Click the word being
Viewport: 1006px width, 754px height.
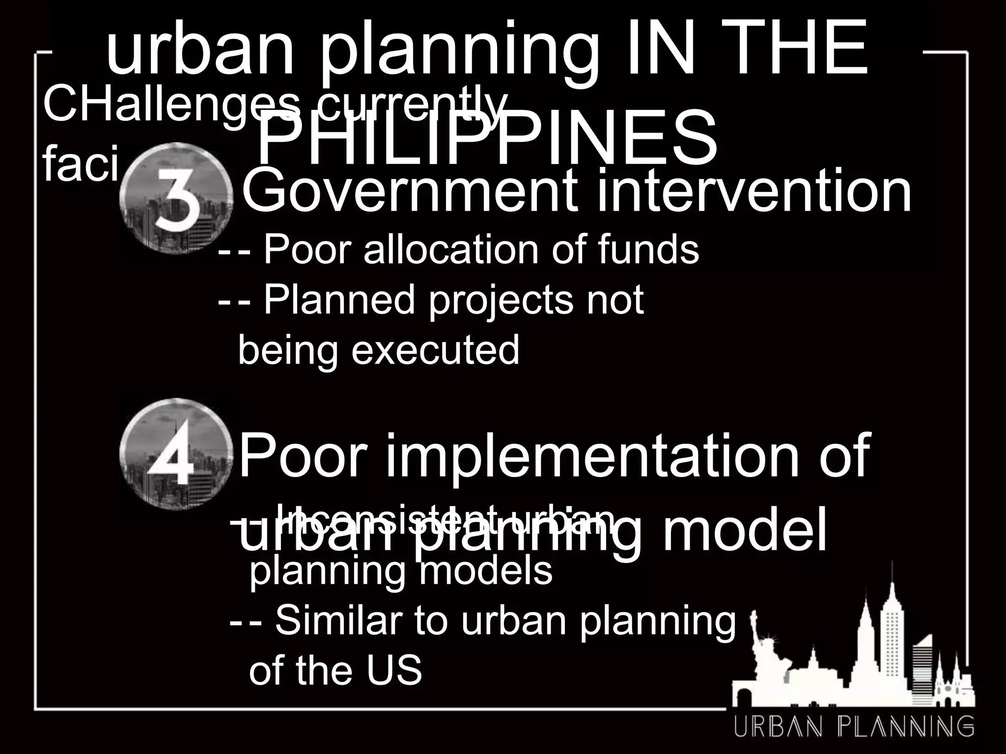pos(287,350)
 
